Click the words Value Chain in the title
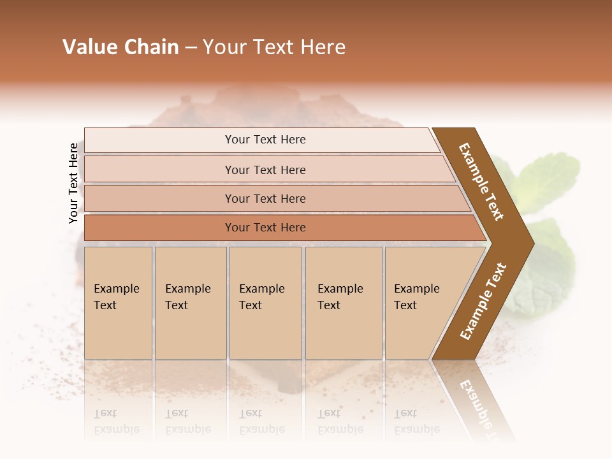pos(120,47)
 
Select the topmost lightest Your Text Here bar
pos(265,140)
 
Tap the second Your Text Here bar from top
pos(265,170)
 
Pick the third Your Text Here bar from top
pos(265,198)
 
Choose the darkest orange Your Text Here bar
pos(265,228)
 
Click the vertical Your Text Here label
pos(73,183)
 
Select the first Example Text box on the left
pos(118,303)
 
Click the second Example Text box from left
pos(190,303)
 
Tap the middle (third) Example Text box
pos(265,303)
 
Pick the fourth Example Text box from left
pos(343,303)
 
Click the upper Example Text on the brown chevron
pos(481,182)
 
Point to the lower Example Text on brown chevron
pos(483,301)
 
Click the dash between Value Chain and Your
pos(191,48)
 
